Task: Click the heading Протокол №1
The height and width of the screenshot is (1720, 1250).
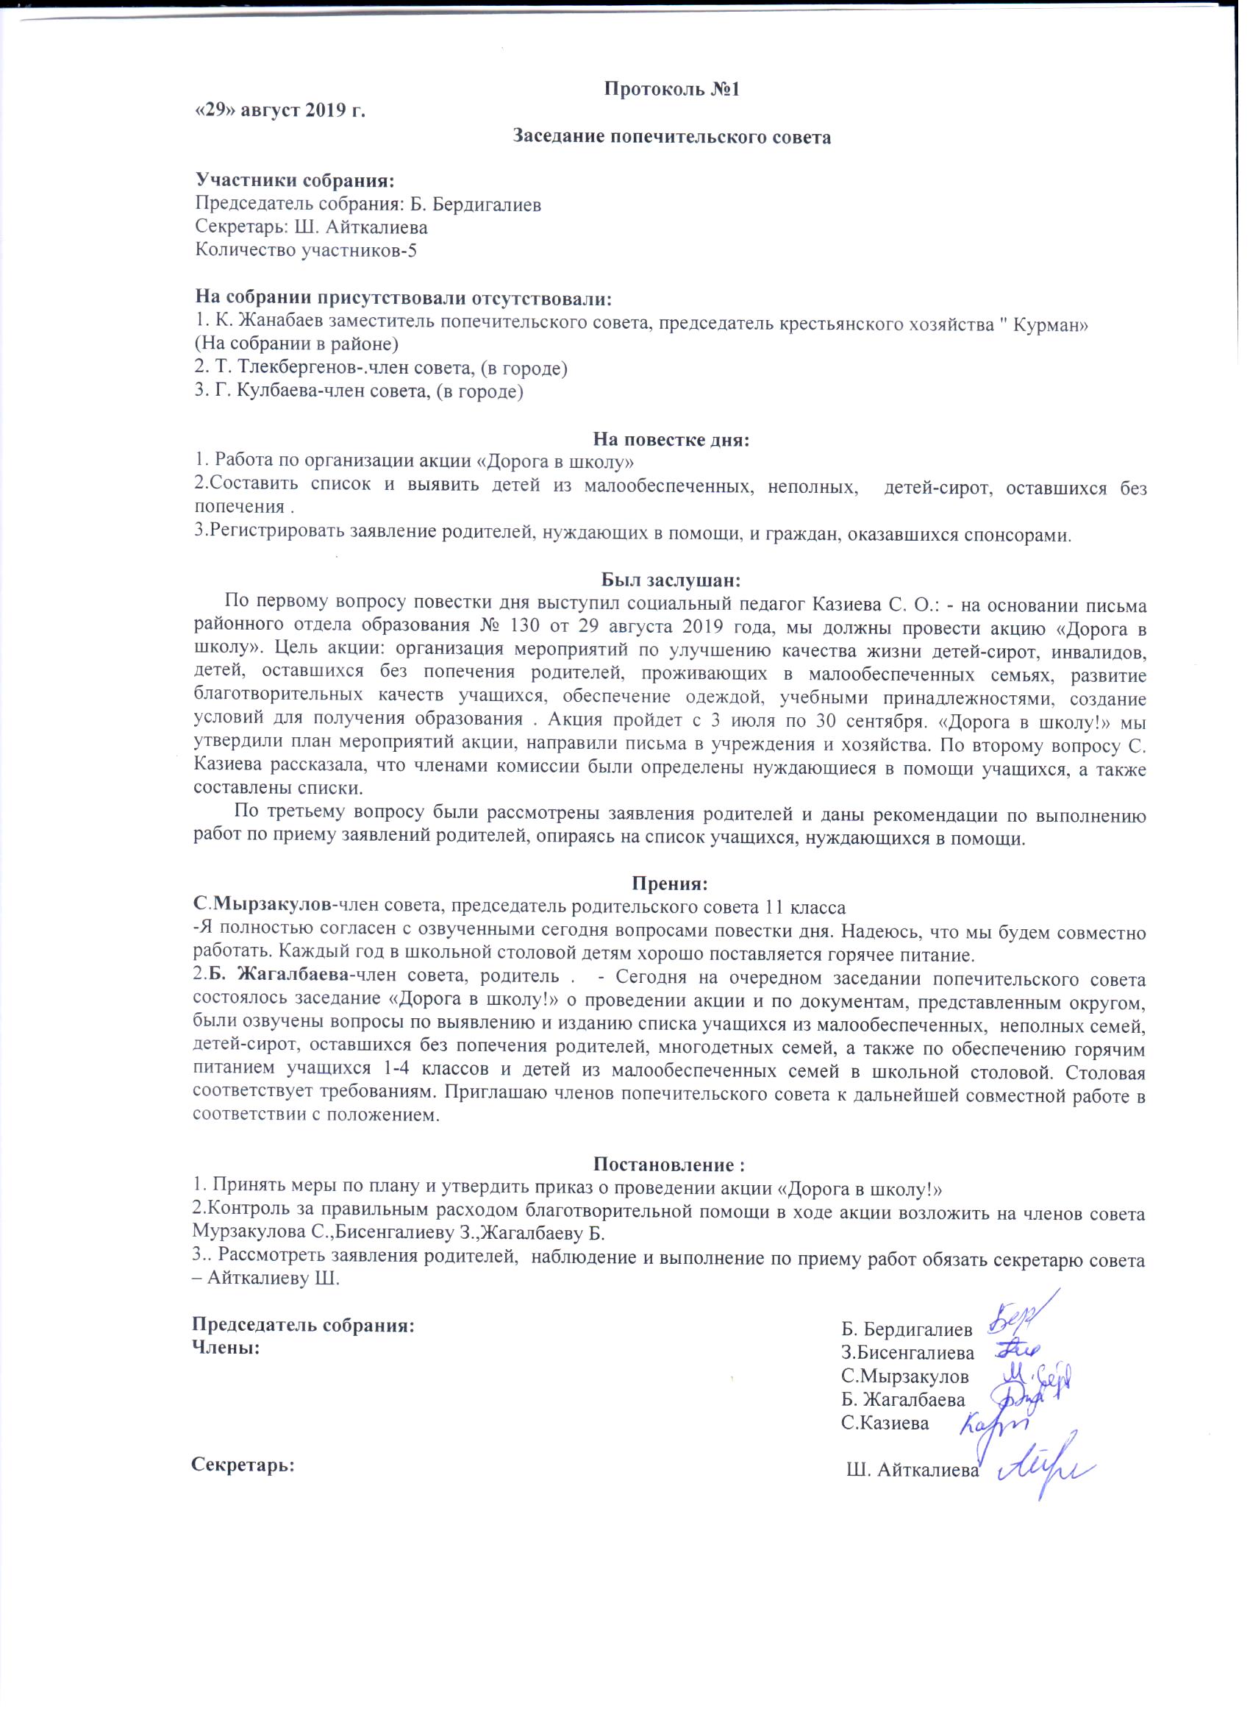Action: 671,90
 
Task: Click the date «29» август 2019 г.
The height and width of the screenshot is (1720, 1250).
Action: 279,111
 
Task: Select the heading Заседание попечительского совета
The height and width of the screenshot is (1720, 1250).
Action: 671,138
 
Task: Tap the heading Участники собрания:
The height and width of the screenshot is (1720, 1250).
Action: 295,180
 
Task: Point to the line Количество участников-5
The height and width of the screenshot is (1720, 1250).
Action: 305,250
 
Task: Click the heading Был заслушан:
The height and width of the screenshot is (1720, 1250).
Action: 671,580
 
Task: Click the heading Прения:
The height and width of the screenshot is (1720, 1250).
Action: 670,884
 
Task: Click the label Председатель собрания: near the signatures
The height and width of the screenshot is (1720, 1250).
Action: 303,1326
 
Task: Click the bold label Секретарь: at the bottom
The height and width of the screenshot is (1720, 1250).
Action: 243,1464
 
